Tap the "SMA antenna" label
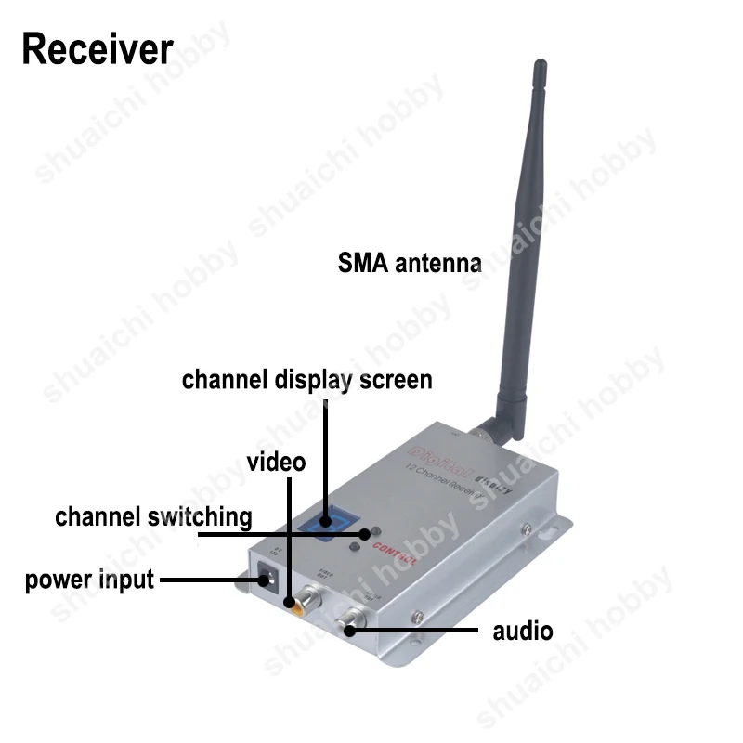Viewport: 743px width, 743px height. [409, 263]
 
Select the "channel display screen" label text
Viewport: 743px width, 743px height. [306, 380]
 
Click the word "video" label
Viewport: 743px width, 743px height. [276, 462]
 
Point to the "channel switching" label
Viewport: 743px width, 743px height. [153, 516]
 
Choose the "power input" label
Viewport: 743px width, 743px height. [89, 580]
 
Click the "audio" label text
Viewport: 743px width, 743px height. [522, 632]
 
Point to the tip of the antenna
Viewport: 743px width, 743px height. [540, 65]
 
